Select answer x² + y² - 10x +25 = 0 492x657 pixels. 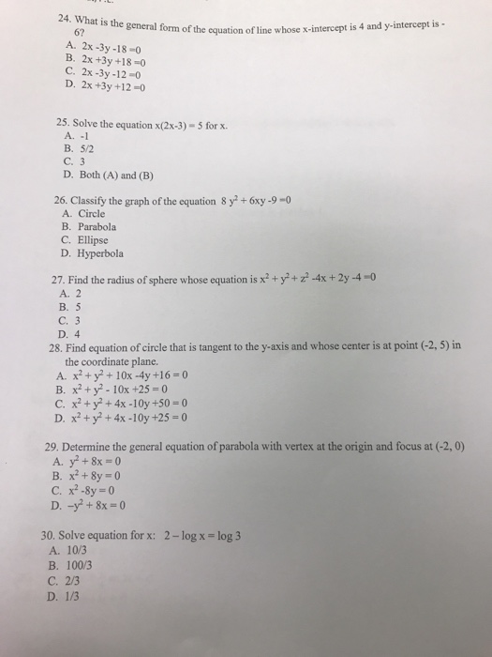[x=135, y=390]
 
